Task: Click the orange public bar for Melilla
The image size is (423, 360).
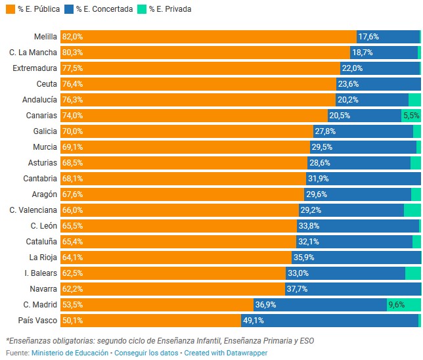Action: click(x=208, y=37)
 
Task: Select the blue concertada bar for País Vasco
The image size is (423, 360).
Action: click(x=342, y=321)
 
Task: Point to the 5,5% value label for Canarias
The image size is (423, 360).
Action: click(x=411, y=116)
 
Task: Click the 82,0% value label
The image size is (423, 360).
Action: click(x=72, y=37)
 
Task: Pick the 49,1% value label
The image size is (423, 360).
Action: click(x=254, y=321)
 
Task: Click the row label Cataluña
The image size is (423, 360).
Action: click(x=40, y=242)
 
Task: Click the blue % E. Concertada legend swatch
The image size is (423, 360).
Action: click(x=69, y=9)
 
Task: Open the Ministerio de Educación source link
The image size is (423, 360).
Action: click(x=70, y=353)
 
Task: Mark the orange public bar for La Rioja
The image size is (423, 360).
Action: click(x=176, y=258)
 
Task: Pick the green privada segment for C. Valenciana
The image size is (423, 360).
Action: click(x=412, y=210)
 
